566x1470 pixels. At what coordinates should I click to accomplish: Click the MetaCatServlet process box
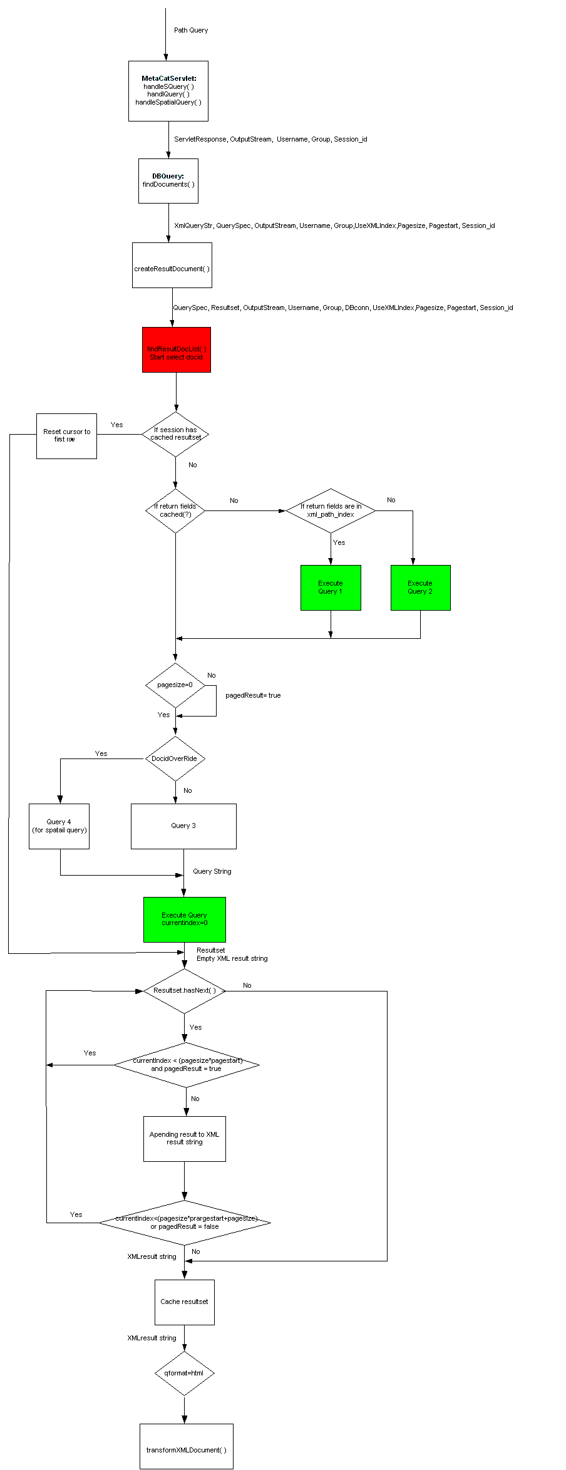[168, 91]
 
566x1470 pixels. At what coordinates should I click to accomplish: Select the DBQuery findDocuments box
[168, 180]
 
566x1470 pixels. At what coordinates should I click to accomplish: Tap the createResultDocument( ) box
[172, 266]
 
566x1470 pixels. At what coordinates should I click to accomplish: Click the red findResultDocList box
[176, 349]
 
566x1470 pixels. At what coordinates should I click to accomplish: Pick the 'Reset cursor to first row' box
[66, 436]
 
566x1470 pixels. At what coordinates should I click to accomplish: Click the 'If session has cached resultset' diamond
[175, 434]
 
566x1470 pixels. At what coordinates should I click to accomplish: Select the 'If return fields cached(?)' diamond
[175, 511]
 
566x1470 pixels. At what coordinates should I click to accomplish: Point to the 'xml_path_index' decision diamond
[331, 511]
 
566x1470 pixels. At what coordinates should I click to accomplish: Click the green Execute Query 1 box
[331, 587]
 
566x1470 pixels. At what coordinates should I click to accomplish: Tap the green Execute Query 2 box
[420, 587]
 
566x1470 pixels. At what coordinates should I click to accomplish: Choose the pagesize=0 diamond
[175, 685]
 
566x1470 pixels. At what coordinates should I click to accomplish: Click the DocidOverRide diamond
[175, 758]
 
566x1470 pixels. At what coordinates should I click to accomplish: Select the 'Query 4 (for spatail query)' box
[59, 826]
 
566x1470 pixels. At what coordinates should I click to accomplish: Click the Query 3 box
[183, 826]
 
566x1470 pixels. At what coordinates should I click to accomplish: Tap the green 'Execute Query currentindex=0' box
[184, 919]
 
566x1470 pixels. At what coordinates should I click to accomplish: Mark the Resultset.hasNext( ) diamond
[184, 991]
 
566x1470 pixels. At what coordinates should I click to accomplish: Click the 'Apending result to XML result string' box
[184, 1139]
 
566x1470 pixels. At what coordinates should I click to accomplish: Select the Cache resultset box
[184, 1302]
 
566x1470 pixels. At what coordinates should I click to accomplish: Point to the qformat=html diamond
[184, 1374]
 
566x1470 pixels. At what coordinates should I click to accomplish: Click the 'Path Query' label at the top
[191, 30]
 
